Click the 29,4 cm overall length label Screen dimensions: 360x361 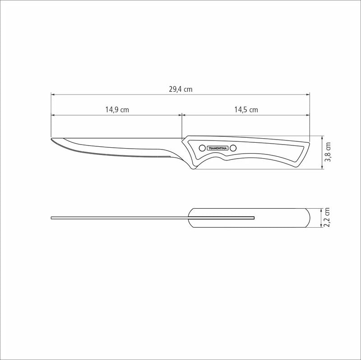[x=180, y=89]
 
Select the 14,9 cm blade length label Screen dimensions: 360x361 [x=117, y=110]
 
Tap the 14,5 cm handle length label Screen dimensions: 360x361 [x=246, y=110]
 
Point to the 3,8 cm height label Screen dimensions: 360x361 [x=328, y=152]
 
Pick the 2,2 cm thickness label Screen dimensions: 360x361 [x=328, y=218]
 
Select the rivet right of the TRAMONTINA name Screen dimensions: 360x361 [x=233, y=148]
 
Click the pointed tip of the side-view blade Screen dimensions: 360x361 [x=52, y=139]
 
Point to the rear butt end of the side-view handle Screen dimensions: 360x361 [x=309, y=144]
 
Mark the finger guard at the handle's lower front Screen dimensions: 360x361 [x=194, y=167]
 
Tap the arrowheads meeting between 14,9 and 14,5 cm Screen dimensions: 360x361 [x=181, y=115]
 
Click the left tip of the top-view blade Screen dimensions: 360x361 [x=52, y=218]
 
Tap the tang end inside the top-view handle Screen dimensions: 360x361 [x=254, y=218]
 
